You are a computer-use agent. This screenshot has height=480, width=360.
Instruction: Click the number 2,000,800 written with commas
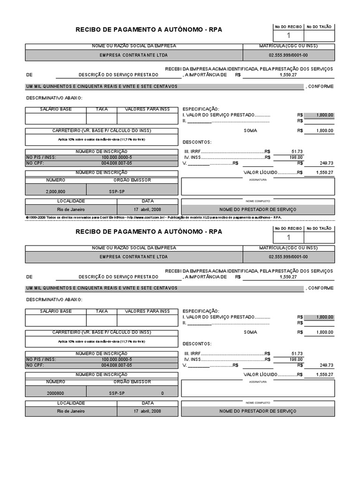coord(56,192)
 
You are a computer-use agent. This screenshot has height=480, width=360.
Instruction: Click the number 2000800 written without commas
coord(56,393)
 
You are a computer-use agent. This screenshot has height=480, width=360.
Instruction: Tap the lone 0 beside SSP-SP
coord(163,393)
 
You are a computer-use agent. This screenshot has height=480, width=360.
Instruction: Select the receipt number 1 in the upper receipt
coord(288,36)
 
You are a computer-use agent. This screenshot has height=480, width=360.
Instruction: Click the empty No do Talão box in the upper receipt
coord(319,36)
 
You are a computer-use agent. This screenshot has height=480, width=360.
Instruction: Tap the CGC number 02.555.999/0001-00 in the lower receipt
coord(288,257)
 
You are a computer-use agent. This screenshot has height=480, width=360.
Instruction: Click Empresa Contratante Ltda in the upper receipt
coord(134,55)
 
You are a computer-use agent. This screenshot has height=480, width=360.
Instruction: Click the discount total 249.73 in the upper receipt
coord(326,163)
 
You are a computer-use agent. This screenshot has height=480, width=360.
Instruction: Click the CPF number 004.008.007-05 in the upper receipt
coord(117,163)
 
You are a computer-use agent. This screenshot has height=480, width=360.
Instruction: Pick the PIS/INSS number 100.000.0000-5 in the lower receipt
coord(117,359)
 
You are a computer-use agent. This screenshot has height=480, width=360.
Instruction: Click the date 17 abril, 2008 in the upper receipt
coord(148,210)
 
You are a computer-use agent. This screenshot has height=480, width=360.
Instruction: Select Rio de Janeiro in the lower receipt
coord(71,411)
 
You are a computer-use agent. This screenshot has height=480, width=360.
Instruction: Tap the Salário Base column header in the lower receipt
coord(56,311)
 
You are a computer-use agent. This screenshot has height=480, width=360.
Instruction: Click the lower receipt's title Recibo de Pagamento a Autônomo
coord(149,232)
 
